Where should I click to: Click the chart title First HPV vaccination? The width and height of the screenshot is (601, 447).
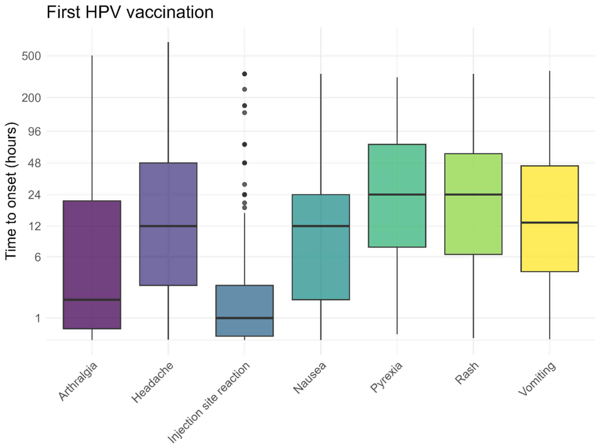(x=130, y=13)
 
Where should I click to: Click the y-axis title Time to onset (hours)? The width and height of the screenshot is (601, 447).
(x=11, y=191)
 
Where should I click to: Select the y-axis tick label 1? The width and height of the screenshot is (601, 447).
(x=38, y=318)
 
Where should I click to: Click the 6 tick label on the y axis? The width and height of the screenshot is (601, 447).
(x=38, y=257)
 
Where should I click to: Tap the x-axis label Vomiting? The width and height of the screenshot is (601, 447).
(x=537, y=379)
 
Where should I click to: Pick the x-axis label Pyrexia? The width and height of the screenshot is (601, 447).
(x=386, y=377)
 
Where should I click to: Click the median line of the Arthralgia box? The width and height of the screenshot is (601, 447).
(x=92, y=300)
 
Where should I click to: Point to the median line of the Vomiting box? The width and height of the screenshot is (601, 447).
(x=550, y=222)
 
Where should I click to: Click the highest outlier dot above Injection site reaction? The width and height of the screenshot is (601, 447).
(x=244, y=74)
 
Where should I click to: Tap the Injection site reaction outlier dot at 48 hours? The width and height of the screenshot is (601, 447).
(x=244, y=163)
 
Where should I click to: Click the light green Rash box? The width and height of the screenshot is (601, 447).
(x=473, y=176)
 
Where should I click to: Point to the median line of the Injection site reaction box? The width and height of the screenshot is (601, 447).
(x=244, y=318)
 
